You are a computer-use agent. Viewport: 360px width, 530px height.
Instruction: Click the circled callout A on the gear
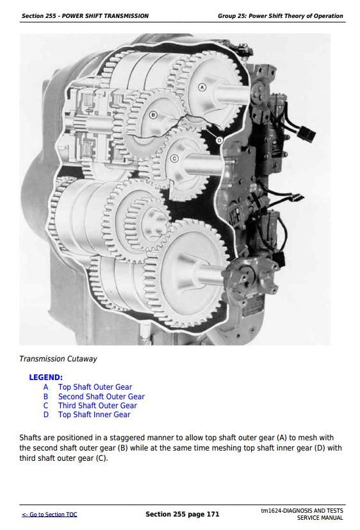tap(202, 87)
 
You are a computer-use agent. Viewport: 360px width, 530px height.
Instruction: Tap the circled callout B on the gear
tap(153, 115)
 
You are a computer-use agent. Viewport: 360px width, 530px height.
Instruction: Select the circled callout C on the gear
tap(174, 158)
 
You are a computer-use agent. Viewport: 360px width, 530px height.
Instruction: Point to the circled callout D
tap(220, 140)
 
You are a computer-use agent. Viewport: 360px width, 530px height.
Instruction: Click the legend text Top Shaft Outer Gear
tap(95, 387)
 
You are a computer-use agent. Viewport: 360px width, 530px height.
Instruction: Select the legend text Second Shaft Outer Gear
tap(101, 397)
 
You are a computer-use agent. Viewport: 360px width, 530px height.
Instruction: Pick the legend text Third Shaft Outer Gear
tap(97, 406)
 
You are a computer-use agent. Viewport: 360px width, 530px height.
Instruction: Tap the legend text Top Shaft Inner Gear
tap(94, 415)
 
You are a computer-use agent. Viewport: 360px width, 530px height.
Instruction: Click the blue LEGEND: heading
tap(45, 377)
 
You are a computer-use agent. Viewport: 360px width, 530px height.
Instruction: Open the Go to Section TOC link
tap(49, 515)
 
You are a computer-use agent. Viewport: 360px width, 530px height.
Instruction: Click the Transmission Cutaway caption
tap(58, 359)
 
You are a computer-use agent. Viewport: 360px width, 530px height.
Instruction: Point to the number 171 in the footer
tap(213, 514)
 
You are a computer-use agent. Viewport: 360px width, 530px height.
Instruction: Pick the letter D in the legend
tap(46, 415)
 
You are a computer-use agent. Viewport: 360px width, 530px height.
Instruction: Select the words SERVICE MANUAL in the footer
tap(320, 518)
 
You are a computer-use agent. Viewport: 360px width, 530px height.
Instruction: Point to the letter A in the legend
tap(46, 387)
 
